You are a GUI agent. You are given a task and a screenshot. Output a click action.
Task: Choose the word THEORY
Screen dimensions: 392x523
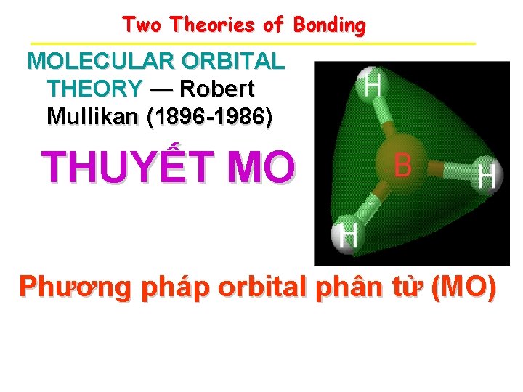click(x=94, y=89)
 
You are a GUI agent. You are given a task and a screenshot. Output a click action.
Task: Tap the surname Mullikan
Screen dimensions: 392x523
click(x=92, y=116)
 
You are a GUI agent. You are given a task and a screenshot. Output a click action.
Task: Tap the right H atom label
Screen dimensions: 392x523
click(x=486, y=176)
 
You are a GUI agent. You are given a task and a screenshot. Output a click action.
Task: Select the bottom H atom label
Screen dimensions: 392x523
click(x=349, y=236)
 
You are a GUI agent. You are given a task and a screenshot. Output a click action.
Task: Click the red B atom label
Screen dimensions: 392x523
click(x=402, y=166)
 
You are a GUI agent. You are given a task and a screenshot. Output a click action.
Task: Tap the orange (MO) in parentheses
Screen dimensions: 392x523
click(x=463, y=288)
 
